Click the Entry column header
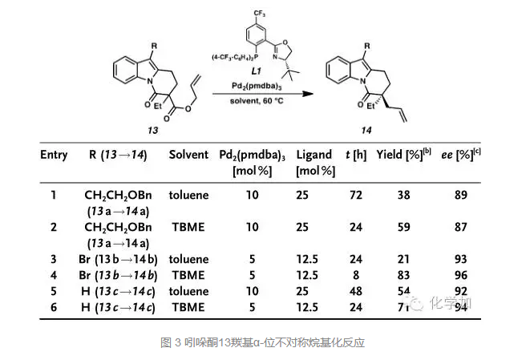click(x=54, y=154)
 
